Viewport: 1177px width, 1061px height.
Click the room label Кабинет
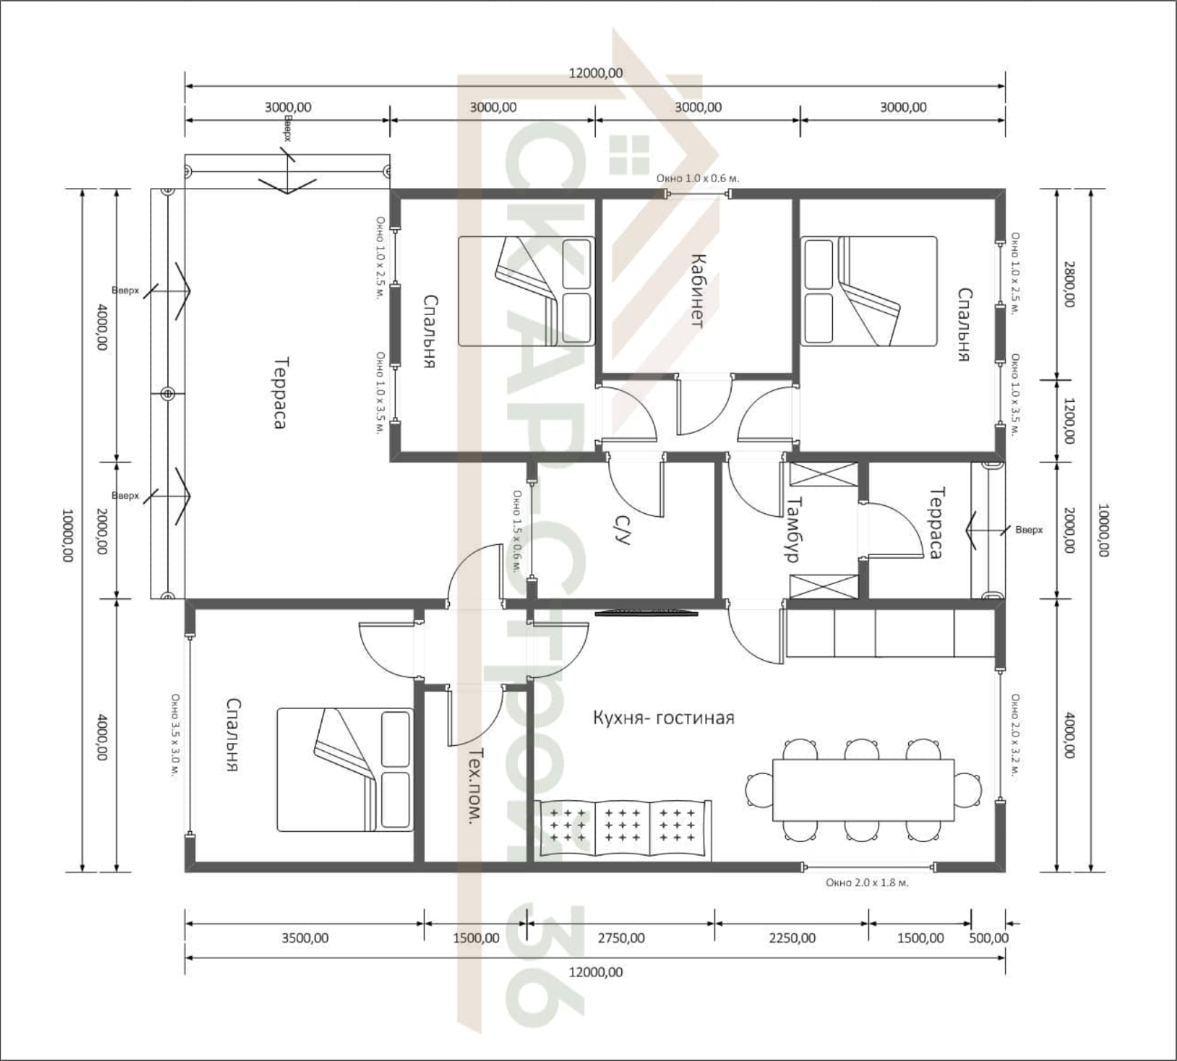(x=697, y=291)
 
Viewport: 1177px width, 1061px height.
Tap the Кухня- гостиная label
(x=663, y=718)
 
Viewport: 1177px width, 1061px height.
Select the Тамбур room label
(x=793, y=529)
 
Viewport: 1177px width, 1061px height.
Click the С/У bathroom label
(x=622, y=530)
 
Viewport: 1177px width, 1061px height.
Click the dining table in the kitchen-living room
(x=863, y=790)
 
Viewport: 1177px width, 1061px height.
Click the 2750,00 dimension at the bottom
(x=621, y=938)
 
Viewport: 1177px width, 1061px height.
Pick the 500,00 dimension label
(x=989, y=938)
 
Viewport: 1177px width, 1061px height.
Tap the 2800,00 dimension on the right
(x=1068, y=284)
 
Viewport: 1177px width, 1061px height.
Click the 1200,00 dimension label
(x=1068, y=421)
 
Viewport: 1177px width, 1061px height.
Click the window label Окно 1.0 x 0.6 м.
(x=697, y=177)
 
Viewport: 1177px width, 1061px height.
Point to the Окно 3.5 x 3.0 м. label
(x=175, y=736)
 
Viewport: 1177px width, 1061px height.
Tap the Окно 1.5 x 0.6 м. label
(x=516, y=531)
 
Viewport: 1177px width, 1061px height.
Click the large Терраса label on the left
(x=281, y=393)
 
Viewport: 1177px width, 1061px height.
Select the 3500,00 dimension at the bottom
(x=305, y=938)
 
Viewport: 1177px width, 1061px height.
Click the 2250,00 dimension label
(x=792, y=938)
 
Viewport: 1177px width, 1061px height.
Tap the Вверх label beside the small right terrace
(x=1029, y=530)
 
